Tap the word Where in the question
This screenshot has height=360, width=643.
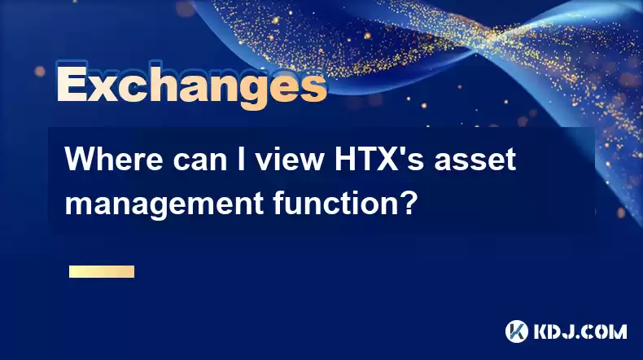[x=114, y=159]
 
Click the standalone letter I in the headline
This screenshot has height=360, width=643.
[x=242, y=159]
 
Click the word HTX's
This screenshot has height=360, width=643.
[x=379, y=159]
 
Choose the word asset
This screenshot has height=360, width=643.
[x=475, y=160]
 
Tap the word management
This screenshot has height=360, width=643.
[x=164, y=204]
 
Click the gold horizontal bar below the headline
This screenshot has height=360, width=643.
[x=102, y=271]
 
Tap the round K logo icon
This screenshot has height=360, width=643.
[x=516, y=331]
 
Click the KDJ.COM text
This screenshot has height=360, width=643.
[x=580, y=331]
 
